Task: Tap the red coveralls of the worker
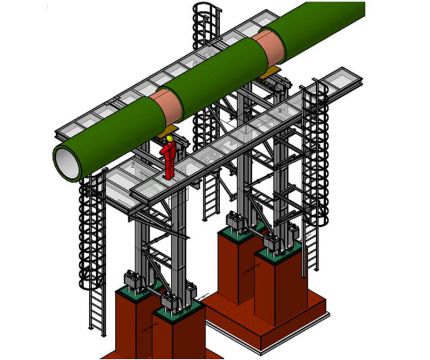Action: click(172, 158)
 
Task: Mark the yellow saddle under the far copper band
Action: click(268, 72)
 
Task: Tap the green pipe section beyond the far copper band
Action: click(320, 25)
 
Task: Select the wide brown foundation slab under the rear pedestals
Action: click(290, 320)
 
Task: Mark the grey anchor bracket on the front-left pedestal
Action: click(131, 283)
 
